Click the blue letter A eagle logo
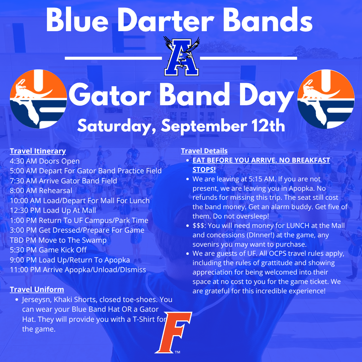(181, 56)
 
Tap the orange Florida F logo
(173, 333)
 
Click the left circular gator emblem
(38, 99)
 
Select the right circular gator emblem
(326, 99)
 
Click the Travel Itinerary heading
(38, 151)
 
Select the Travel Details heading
(204, 151)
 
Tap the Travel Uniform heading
(37, 289)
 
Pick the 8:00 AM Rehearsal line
(41, 190)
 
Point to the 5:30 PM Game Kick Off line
(48, 250)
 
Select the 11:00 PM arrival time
(25, 269)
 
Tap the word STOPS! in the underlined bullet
(204, 170)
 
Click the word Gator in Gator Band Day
(110, 96)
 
